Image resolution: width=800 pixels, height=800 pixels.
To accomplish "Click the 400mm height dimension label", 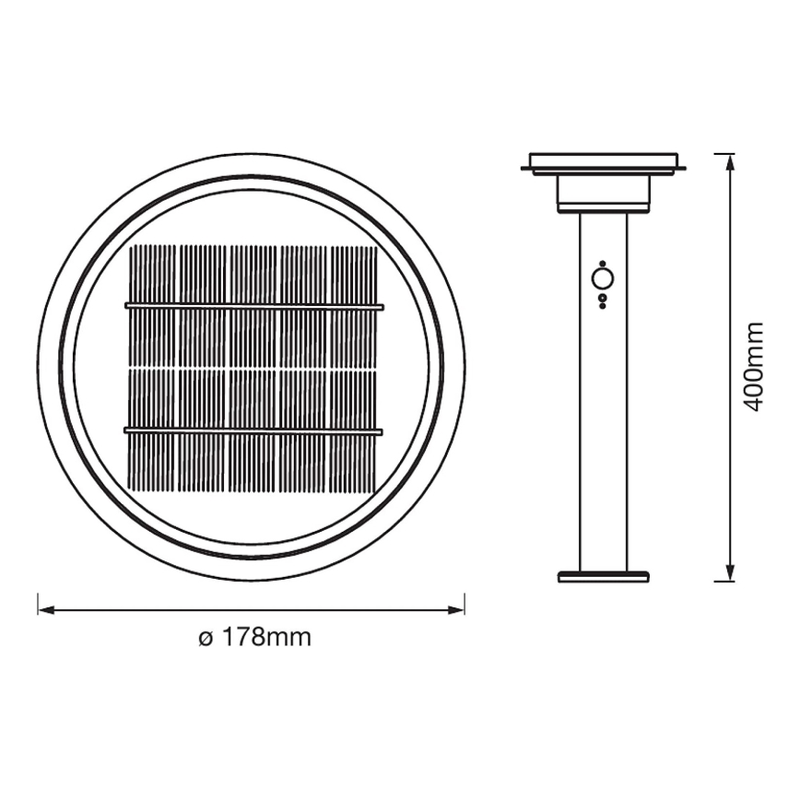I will (755, 366).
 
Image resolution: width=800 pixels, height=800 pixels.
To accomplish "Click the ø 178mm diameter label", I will (254, 638).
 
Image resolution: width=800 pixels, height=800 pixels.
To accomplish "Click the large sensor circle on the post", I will (603, 279).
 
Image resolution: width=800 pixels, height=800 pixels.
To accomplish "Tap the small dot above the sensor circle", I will (603, 263).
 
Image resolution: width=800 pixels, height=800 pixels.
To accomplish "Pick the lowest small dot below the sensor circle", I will (603, 305).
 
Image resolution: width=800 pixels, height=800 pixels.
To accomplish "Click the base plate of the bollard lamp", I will (604, 577).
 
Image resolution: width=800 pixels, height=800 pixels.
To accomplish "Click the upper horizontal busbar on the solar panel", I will (253, 306).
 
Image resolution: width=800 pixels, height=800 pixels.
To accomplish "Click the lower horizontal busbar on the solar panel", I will (253, 430).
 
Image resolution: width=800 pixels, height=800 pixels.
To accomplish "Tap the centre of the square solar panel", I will (253, 368).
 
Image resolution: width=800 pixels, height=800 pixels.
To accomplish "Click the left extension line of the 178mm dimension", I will (38, 604).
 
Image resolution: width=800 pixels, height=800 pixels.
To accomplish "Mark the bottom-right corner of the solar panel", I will (375, 490).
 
